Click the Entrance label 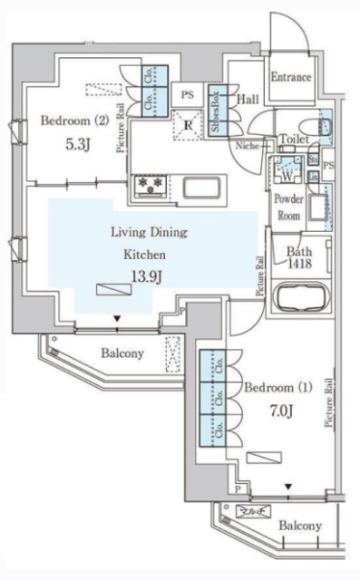tap(290, 78)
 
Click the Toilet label tap(295, 140)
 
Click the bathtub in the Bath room tap(298, 297)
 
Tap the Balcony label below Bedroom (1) tap(299, 526)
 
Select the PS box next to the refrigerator tap(187, 94)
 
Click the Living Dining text tap(149, 232)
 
